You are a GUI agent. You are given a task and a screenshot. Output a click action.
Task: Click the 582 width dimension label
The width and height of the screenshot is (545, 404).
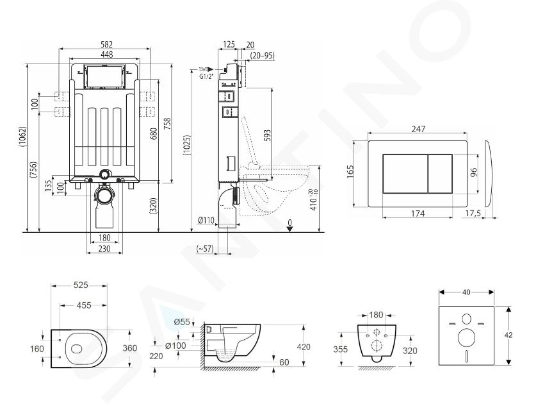(x=106, y=44)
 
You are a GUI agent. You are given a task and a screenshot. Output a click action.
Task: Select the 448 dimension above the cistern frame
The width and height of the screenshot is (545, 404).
(x=106, y=55)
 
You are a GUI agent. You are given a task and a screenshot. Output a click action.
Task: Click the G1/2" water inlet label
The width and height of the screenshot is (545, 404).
(x=206, y=77)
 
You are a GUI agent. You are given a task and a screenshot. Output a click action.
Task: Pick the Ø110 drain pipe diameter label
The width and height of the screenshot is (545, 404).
(x=206, y=220)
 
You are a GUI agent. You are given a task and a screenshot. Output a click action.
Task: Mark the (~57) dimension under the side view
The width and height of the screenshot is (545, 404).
(x=205, y=248)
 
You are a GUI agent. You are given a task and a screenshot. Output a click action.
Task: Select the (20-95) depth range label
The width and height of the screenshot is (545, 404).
(x=262, y=55)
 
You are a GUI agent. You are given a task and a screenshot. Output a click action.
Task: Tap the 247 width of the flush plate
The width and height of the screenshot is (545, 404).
(x=418, y=129)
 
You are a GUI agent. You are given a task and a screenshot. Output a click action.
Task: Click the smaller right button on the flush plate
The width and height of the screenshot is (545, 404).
(x=440, y=174)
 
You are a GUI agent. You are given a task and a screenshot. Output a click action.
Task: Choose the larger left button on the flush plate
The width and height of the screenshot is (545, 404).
(x=405, y=174)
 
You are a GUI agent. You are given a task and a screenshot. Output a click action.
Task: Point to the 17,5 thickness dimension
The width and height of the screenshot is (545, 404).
(x=473, y=214)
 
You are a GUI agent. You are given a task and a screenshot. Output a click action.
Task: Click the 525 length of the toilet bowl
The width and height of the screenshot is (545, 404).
(x=81, y=285)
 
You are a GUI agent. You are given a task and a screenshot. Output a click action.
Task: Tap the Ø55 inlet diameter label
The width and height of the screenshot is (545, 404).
(x=182, y=322)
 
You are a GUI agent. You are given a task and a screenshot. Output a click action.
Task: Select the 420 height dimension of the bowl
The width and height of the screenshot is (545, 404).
(x=304, y=346)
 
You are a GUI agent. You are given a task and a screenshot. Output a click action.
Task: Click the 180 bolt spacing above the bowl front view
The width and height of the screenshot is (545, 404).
(x=376, y=315)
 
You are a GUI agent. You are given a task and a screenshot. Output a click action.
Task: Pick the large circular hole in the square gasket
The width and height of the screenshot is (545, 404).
(x=466, y=338)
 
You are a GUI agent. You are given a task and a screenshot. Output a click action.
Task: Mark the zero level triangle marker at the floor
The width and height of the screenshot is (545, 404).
(x=290, y=229)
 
